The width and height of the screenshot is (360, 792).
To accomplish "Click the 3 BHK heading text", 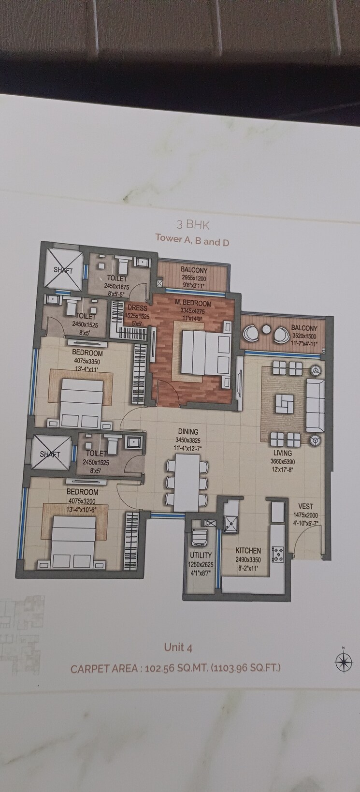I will [192, 224].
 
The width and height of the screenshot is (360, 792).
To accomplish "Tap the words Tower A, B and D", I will [192, 240].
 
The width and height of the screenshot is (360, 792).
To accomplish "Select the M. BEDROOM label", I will [193, 303].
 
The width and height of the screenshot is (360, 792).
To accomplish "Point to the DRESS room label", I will [138, 308].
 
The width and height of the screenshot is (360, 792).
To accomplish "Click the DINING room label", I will [187, 432].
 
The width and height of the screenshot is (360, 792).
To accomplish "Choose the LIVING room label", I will [282, 453].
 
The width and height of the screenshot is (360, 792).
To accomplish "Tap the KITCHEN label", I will [248, 550].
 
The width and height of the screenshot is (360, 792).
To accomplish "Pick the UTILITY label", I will [201, 555].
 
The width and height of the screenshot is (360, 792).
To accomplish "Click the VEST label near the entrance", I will [305, 507].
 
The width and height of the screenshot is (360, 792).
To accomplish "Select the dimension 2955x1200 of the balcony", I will [194, 278].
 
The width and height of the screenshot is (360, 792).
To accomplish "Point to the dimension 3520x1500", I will [304, 337].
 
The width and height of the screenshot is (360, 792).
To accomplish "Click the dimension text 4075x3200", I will [82, 500].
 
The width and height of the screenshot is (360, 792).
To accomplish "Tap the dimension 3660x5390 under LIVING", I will [282, 462].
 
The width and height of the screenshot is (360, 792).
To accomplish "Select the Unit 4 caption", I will [178, 647].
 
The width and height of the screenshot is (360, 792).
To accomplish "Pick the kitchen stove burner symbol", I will [278, 553].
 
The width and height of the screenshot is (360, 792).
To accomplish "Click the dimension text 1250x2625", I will [201, 564].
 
